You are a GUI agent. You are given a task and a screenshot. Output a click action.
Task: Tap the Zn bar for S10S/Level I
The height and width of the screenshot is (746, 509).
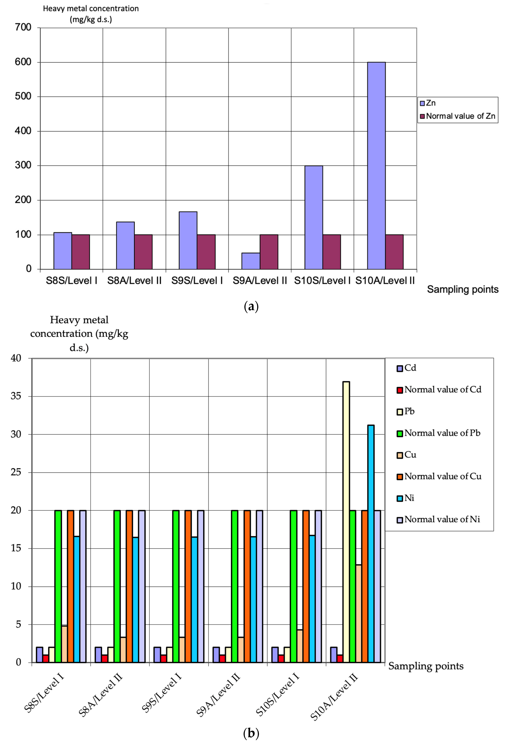click(314, 217)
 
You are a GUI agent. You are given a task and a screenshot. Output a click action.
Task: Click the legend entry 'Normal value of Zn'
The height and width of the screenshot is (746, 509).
click(460, 116)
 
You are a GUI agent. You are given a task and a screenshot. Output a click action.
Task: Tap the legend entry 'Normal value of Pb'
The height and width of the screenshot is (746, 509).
click(442, 433)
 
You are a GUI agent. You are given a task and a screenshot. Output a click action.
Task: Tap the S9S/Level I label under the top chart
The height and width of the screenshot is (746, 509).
click(197, 281)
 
